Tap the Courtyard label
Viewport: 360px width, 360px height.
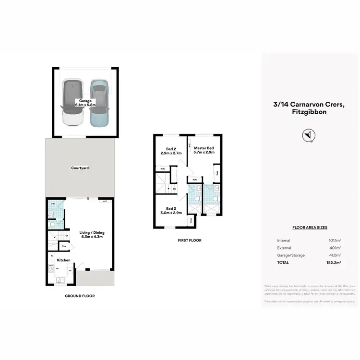pyautogui.click(x=80, y=168)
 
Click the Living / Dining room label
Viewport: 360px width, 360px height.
pyautogui.click(x=92, y=235)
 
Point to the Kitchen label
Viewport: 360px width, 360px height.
pyautogui.click(x=64, y=260)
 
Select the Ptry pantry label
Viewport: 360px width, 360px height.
pyautogui.click(x=64, y=247)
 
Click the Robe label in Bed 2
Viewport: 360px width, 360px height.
pyautogui.click(x=163, y=169)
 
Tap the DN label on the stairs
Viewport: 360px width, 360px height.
pyautogui.click(x=174, y=189)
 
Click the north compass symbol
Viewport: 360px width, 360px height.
pyautogui.click(x=308, y=135)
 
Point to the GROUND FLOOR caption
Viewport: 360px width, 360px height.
pyautogui.click(x=80, y=296)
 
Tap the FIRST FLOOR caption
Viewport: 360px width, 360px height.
pyautogui.click(x=190, y=240)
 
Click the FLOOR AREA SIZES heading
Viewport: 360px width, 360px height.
pyautogui.click(x=310, y=228)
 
